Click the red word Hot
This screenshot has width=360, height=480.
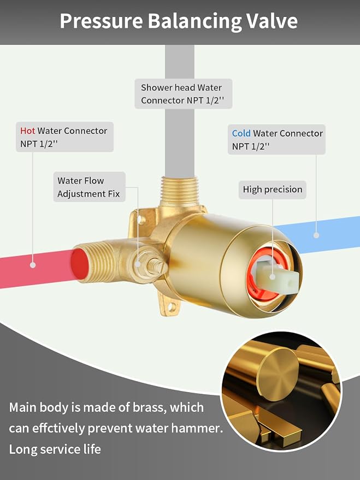click(27, 131)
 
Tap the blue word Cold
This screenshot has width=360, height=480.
click(241, 133)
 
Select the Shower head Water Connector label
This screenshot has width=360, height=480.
click(184, 94)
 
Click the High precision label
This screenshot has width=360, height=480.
click(273, 189)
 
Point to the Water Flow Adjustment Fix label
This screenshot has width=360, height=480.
click(89, 187)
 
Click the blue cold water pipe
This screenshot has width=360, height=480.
click(318, 234)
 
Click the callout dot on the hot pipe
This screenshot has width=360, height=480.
click(33, 265)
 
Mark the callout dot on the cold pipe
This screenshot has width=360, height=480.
click(316, 235)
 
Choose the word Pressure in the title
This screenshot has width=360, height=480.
click(102, 21)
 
